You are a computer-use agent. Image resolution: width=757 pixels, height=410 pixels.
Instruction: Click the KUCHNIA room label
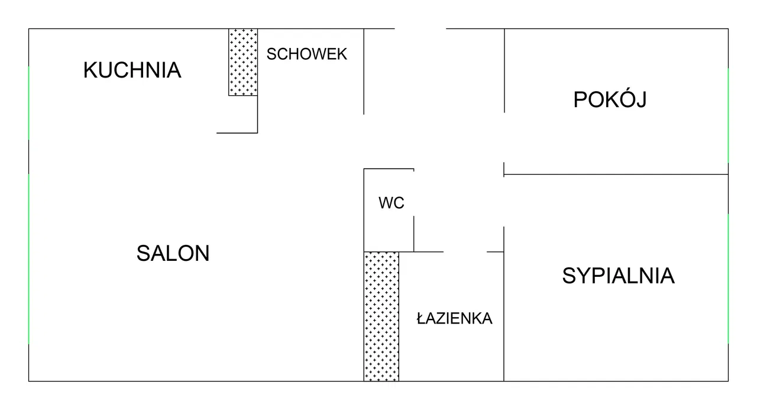(132, 70)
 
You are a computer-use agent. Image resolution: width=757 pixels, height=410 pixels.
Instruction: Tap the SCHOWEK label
(306, 54)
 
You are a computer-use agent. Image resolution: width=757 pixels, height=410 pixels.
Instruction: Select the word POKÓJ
(610, 99)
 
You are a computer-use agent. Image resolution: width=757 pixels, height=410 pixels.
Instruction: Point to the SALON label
(173, 254)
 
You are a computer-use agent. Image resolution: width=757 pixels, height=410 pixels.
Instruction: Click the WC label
(392, 203)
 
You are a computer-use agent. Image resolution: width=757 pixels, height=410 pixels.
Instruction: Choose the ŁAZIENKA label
(454, 318)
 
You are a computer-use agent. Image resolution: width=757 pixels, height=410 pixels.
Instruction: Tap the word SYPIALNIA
(618, 276)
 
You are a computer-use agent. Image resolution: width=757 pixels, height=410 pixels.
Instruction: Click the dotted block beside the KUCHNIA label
(243, 62)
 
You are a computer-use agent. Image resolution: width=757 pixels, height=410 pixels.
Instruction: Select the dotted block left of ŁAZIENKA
(381, 316)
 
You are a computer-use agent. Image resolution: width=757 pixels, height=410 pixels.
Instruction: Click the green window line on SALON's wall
(29, 259)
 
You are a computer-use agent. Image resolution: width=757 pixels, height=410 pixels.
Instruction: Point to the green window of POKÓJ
(728, 115)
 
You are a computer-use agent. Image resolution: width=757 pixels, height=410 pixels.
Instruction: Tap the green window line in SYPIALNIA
(728, 278)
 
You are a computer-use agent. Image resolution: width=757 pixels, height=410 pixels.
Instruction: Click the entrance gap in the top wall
(420, 28)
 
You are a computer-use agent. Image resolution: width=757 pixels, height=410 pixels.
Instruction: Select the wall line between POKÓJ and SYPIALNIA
(615, 175)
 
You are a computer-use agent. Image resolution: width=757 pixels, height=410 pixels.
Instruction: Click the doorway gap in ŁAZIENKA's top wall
(465, 252)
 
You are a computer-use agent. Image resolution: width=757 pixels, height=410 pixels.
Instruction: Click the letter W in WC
(386, 203)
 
